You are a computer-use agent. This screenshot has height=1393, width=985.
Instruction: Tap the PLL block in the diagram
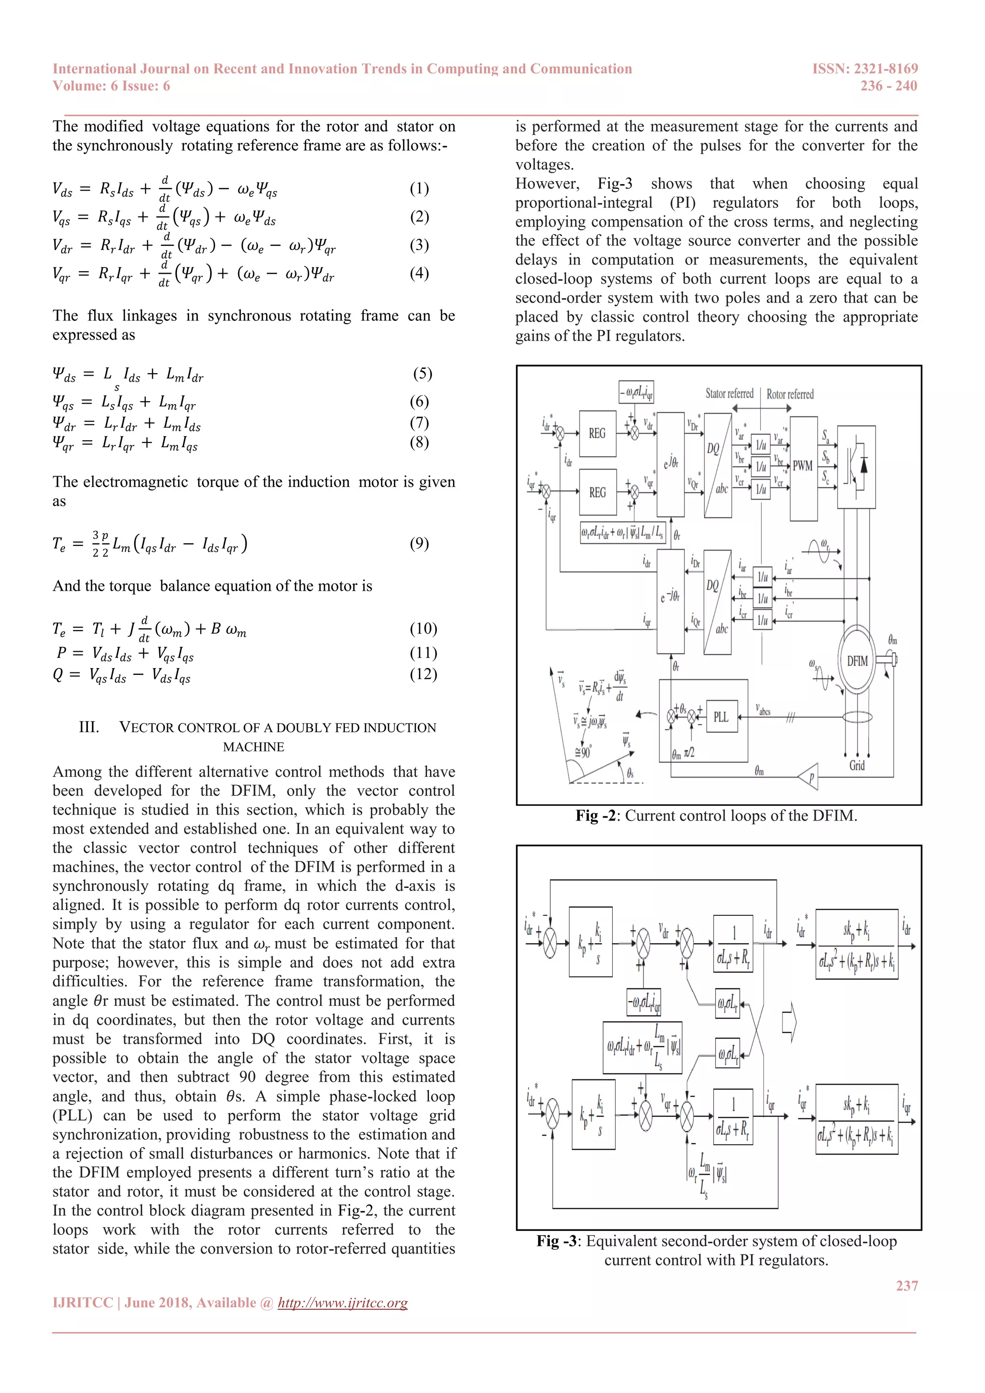pos(721,717)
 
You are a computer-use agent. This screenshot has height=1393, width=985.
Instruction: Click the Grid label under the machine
pos(857,766)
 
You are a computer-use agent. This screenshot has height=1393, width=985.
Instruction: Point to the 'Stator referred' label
pos(729,394)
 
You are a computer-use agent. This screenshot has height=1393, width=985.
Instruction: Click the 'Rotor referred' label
pos(790,394)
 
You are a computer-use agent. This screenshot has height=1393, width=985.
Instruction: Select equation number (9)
pos(419,543)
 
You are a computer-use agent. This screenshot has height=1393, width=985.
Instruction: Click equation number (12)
pos(423,674)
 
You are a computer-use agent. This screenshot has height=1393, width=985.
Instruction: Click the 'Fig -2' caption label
pos(597,815)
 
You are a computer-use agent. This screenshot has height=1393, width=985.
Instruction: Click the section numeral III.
pos(89,727)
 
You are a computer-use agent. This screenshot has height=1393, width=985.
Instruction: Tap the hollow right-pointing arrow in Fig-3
pos(788,1023)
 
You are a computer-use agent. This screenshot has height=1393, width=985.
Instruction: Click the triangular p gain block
pos(809,777)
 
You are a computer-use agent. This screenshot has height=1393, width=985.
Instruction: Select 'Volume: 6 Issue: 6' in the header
pos(111,86)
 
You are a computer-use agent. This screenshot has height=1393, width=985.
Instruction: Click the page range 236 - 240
pos(888,86)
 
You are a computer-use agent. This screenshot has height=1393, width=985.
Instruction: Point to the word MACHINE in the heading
pos(253,747)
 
